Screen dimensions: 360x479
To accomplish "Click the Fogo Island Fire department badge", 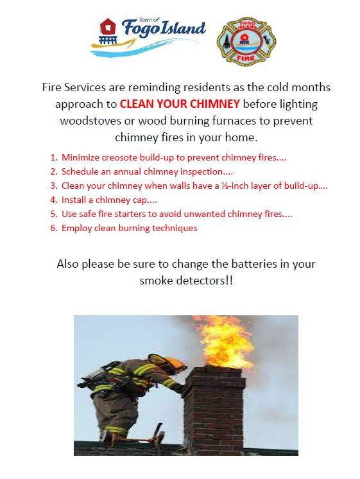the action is (x=246, y=40).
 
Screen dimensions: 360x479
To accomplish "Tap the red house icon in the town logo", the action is (x=108, y=27).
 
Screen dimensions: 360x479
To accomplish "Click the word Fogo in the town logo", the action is (x=141, y=30).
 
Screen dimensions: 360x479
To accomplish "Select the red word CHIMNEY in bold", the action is (x=215, y=104).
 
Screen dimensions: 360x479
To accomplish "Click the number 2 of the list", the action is (x=53, y=171).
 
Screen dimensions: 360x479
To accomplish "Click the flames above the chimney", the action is (x=227, y=342).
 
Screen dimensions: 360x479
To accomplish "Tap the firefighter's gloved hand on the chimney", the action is (x=180, y=388).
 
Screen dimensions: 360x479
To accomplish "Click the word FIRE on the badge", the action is (x=246, y=58).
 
